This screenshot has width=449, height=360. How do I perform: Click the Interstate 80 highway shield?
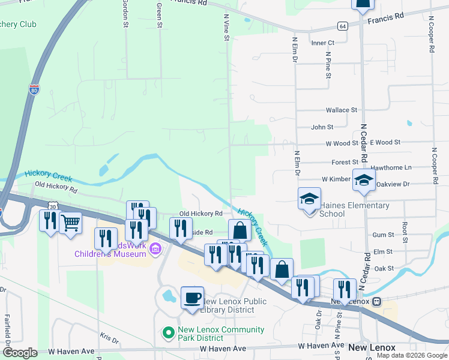[x=35, y=90]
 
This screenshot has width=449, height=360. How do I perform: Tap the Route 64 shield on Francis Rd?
[x=342, y=26]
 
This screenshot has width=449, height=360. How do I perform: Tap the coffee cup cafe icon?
[x=193, y=297]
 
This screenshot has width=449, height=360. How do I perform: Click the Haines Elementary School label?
[x=354, y=209]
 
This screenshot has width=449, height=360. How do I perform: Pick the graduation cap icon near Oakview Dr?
[x=363, y=179]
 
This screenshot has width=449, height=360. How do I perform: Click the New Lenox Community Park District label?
[x=220, y=334]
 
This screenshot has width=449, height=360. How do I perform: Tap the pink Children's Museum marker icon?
[x=155, y=248]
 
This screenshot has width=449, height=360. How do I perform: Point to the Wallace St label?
[x=341, y=110]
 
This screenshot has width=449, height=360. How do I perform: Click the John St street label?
[x=322, y=127]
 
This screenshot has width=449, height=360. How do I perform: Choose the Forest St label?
[x=345, y=162]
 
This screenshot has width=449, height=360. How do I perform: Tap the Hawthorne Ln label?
[x=391, y=167]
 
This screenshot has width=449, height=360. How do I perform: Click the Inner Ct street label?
[x=322, y=43]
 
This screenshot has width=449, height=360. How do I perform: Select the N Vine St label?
[x=227, y=28]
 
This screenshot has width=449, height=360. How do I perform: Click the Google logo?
[x=20, y=353]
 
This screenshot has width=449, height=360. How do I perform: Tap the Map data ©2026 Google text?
[x=412, y=355]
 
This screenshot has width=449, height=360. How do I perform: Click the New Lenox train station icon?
[x=376, y=301]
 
